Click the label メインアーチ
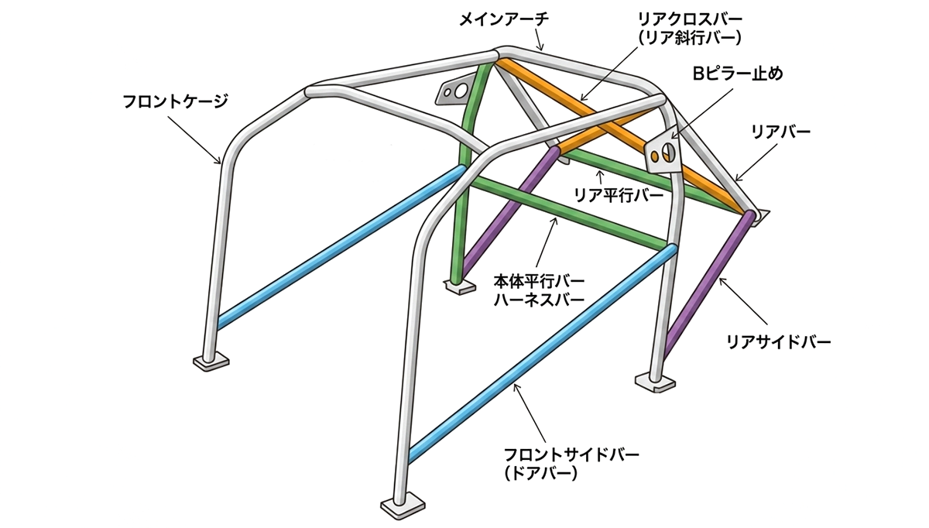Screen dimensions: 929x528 pyautogui.click(x=504, y=20)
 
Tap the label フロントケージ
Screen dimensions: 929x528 pyautogui.click(x=176, y=101)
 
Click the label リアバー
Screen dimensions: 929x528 pyautogui.click(x=780, y=132)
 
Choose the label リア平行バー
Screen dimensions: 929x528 pyautogui.click(x=619, y=195)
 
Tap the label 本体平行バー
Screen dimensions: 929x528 pyautogui.click(x=539, y=281)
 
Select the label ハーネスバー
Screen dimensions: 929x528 pyautogui.click(x=539, y=300)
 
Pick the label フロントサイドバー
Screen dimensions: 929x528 pyautogui.click(x=571, y=455)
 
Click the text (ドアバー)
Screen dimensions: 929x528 pyautogui.click(x=541, y=473)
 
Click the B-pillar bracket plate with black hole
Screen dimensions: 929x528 pyautogui.click(x=663, y=153)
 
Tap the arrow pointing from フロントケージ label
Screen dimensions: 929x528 pyautogui.click(x=194, y=140)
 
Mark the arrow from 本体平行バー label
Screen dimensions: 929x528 pyautogui.click(x=544, y=242)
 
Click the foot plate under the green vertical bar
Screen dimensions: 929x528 pyautogui.click(x=460, y=286)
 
